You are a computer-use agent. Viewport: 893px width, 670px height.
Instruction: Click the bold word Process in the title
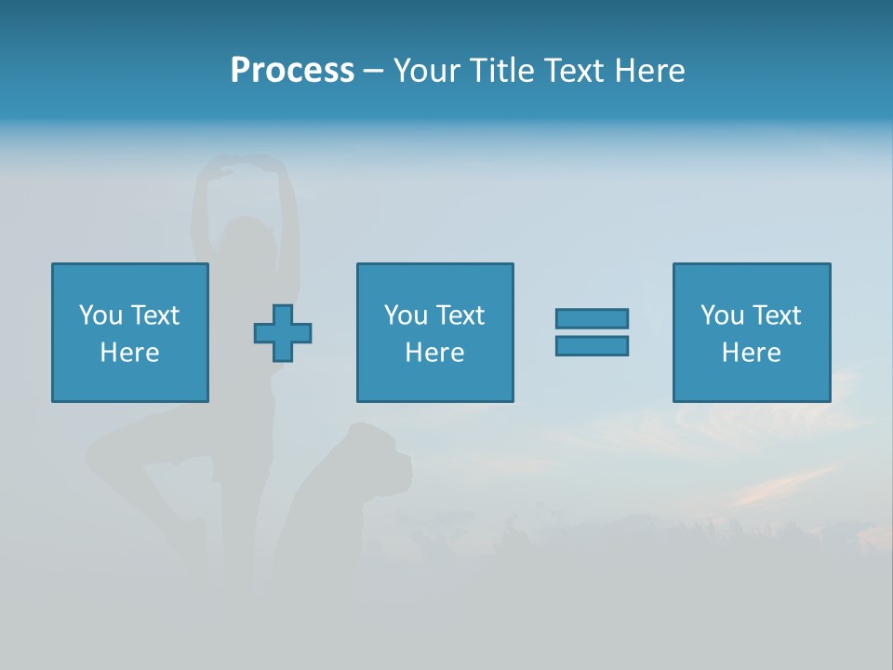292,71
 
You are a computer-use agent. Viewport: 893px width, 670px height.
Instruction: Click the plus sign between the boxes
283,333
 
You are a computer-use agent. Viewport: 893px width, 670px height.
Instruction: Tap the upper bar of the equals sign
592,318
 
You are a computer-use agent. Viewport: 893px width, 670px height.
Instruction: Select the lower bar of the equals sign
592,346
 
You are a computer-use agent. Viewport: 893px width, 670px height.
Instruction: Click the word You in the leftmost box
100,315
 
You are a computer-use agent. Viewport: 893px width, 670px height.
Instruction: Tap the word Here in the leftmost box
129,353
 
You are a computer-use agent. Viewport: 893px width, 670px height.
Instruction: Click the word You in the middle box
406,315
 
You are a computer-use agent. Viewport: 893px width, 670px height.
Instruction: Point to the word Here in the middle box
434,353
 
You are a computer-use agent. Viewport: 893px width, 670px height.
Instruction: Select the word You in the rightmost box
722,315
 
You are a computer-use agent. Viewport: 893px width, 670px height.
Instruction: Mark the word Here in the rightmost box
751,353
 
